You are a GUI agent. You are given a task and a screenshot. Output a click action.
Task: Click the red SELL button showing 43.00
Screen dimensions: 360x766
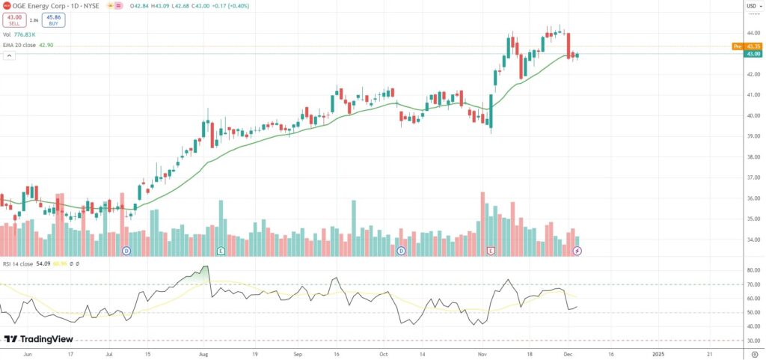[x=13, y=20]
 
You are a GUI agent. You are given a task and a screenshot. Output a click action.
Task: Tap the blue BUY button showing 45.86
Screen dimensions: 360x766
[x=53, y=20]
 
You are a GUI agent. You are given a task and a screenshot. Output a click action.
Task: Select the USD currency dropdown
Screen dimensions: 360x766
[x=753, y=7]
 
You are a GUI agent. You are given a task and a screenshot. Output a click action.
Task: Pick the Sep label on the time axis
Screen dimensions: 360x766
[x=298, y=352]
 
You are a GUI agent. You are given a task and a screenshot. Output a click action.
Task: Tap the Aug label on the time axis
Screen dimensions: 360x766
[x=203, y=352]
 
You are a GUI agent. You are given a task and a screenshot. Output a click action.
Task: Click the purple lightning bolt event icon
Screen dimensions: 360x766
[x=577, y=250]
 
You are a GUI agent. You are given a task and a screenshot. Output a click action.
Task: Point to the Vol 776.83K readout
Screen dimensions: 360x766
[x=18, y=34]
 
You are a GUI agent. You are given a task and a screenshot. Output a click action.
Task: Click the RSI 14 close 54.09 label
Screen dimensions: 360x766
[x=27, y=263]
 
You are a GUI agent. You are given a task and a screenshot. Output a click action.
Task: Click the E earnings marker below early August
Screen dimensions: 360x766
[x=221, y=250]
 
